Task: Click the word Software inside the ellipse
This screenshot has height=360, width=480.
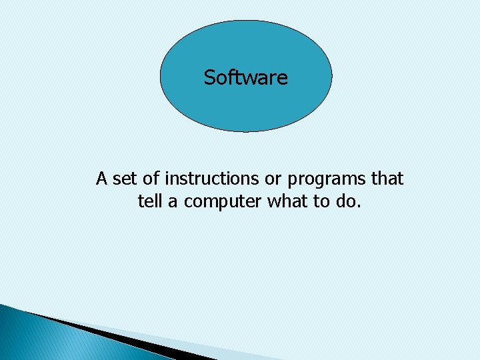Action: (x=246, y=77)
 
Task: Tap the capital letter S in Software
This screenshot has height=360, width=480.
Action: (x=209, y=77)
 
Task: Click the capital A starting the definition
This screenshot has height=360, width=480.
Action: (x=102, y=179)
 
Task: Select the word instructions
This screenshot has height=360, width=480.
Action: (x=210, y=179)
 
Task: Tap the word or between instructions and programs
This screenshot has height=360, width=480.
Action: (x=271, y=179)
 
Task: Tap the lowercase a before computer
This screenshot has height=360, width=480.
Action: (x=172, y=201)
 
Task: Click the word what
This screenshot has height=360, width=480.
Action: (x=286, y=201)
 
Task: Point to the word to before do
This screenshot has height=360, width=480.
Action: (x=321, y=201)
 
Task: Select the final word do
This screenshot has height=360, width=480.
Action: (x=345, y=201)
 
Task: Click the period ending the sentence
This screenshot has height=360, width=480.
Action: (x=359, y=205)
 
